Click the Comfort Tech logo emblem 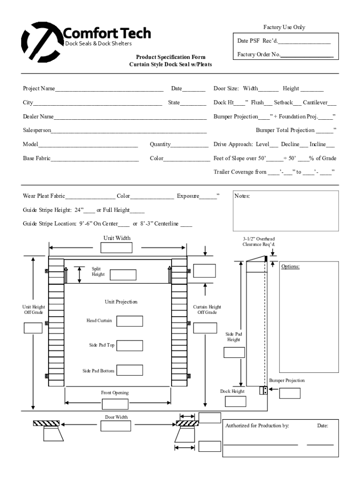pos(41,42)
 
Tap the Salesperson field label pos(37,130)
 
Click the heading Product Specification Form pos(170,57)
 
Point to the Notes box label pos(242,196)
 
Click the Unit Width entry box pos(116,248)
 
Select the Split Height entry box pos(123,275)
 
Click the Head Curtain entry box pos(130,321)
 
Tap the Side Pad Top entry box pos(130,346)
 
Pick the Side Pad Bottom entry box pos(130,370)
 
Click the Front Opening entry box pos(115,404)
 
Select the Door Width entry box pos(115,426)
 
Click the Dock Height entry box pos(235,401)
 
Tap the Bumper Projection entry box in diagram pos(290,393)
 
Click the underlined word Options pos(290,267)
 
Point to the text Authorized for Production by pos(257,426)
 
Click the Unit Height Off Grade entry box pos(33,328)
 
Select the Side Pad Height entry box pos(234,352)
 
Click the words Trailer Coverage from pos(240,172)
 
